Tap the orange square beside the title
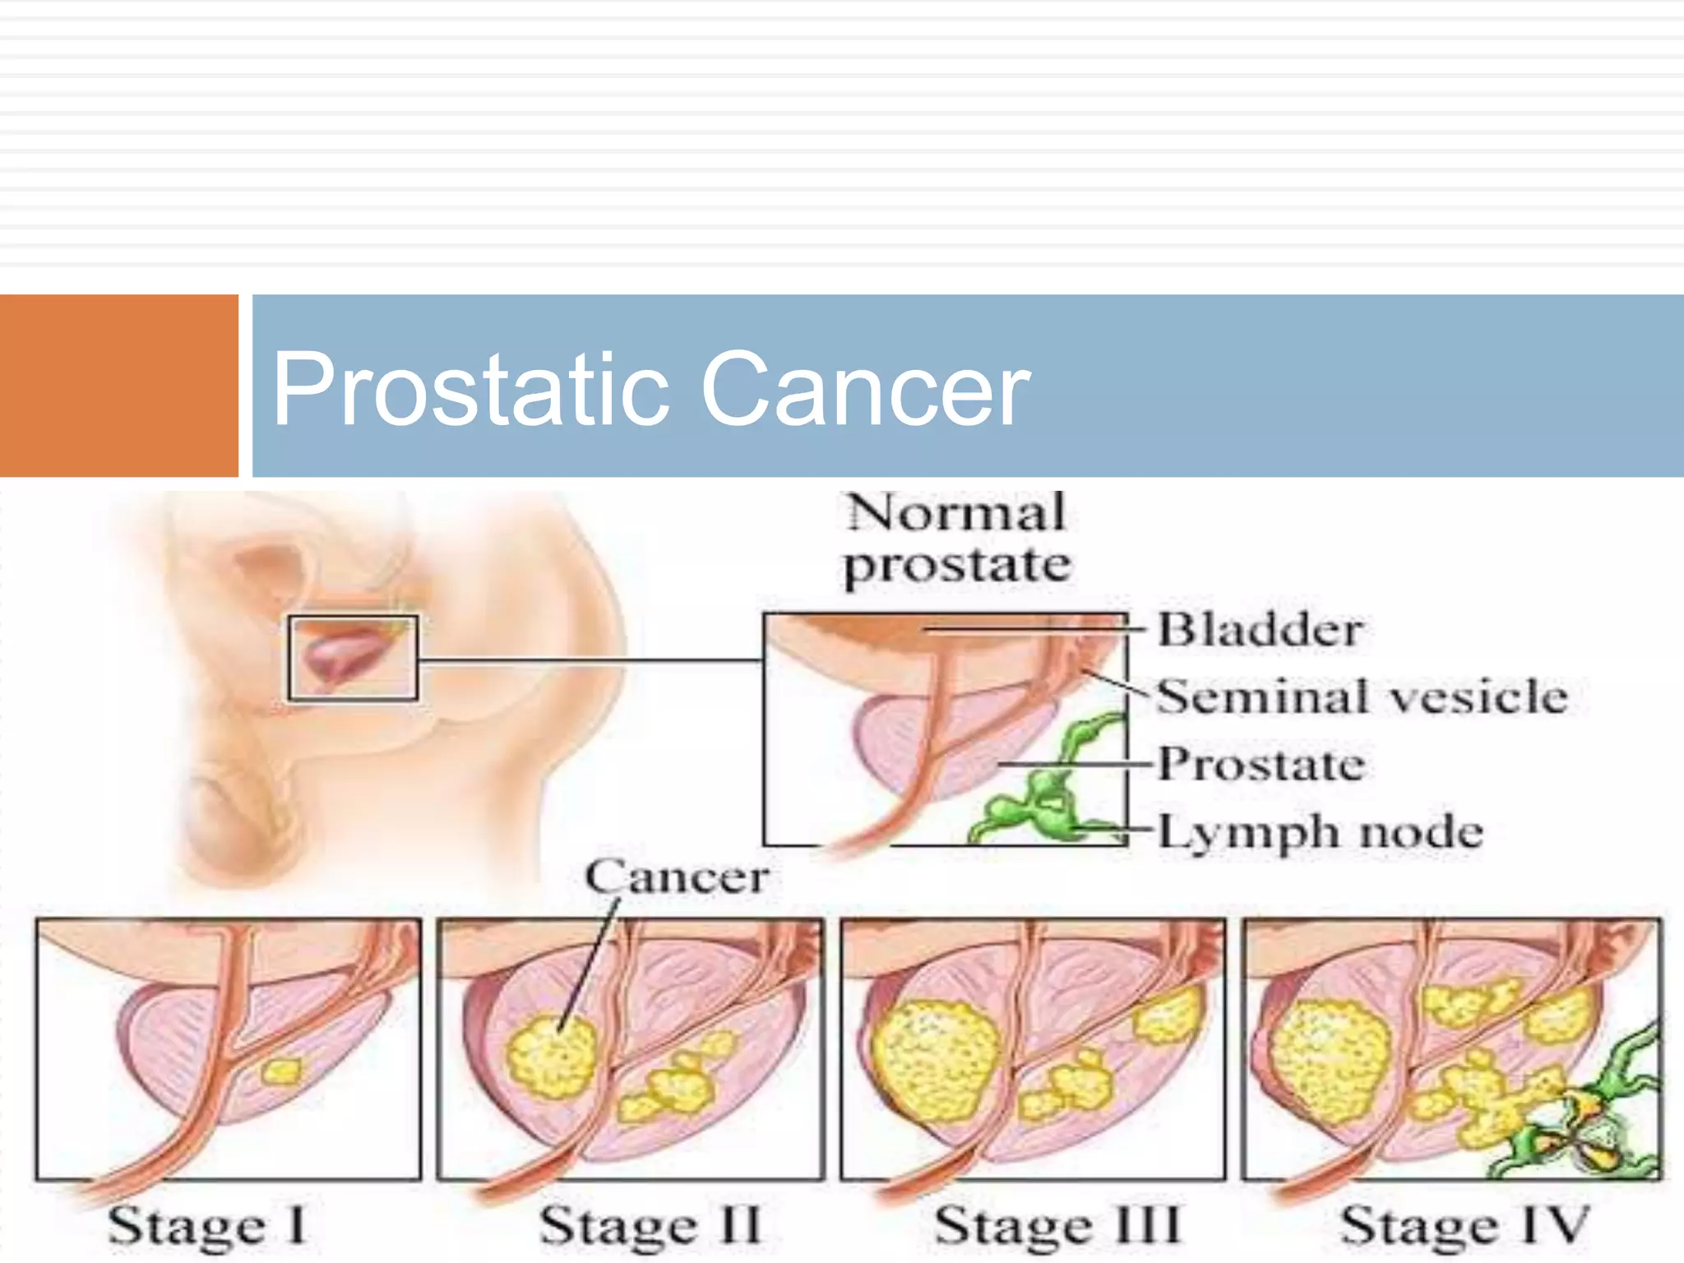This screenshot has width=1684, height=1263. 118,385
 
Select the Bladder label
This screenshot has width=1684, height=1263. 1260,630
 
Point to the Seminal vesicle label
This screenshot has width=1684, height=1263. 1362,696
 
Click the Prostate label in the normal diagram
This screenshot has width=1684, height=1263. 1261,764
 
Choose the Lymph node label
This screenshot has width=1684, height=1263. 1321,831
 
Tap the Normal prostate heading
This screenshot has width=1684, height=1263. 957,539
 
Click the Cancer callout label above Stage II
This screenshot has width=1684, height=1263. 677,877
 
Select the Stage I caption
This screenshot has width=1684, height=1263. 207,1226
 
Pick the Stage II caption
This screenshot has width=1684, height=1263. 650,1226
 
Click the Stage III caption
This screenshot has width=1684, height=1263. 1057,1226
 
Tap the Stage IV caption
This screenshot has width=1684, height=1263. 1464,1226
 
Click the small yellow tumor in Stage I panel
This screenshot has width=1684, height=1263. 281,1071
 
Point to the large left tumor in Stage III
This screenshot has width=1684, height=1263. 935,1061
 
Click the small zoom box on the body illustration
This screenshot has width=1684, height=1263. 353,658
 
